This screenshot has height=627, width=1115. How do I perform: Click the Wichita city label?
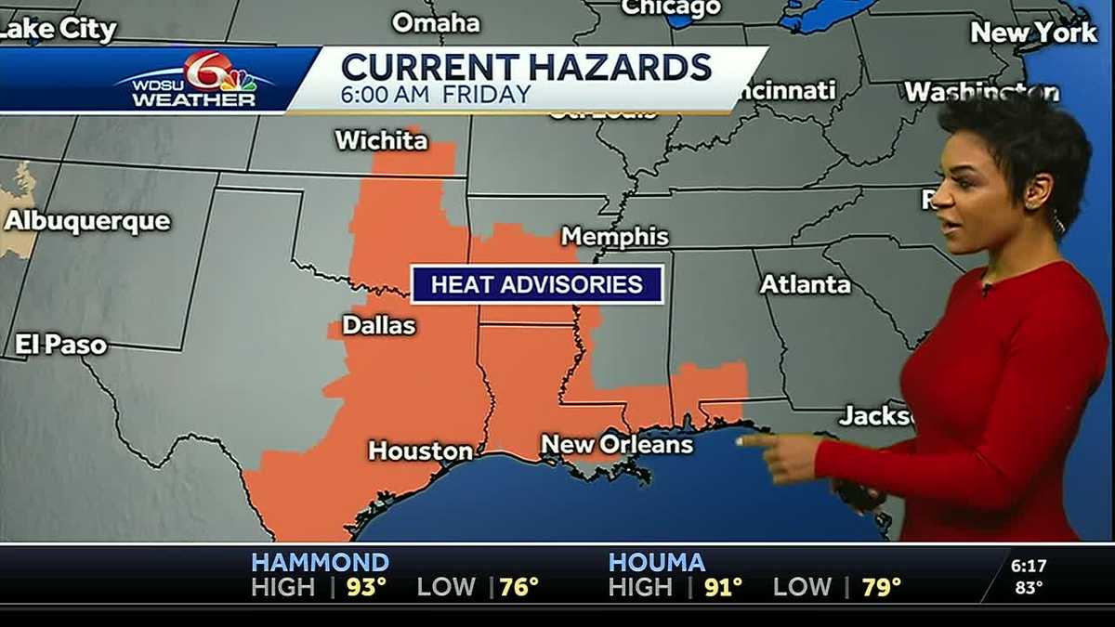click(381, 140)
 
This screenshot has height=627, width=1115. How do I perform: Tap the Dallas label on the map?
click(379, 325)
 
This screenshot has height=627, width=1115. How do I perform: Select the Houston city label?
click(420, 451)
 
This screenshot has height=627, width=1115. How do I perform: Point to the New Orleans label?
click(617, 444)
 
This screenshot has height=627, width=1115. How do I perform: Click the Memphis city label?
click(615, 236)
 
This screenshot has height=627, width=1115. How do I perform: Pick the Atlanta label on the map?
click(806, 284)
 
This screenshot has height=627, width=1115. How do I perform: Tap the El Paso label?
click(60, 346)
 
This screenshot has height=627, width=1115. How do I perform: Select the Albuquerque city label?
click(87, 221)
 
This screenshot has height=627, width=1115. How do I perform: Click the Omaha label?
click(435, 22)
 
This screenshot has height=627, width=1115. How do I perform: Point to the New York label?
click(1033, 33)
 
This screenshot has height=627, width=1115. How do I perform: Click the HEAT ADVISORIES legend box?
click(537, 284)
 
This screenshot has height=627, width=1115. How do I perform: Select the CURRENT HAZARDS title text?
click(526, 67)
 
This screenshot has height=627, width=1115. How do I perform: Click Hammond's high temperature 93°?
click(366, 587)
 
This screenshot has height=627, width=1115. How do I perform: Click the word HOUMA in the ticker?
click(657, 562)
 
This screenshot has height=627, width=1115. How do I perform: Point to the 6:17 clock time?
click(1029, 565)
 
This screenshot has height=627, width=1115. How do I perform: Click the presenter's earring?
click(1057, 221)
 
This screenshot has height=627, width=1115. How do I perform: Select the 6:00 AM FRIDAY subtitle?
click(436, 94)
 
